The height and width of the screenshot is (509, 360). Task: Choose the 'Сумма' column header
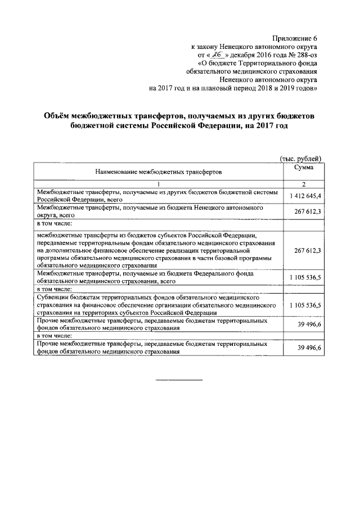303,167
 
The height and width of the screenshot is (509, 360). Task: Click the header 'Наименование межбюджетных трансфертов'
159,169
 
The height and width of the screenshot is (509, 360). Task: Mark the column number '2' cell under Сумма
303,184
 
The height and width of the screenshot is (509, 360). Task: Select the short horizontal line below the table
178,381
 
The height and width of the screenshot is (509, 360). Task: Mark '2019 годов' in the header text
302,88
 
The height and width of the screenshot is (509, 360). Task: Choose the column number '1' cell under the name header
159,184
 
